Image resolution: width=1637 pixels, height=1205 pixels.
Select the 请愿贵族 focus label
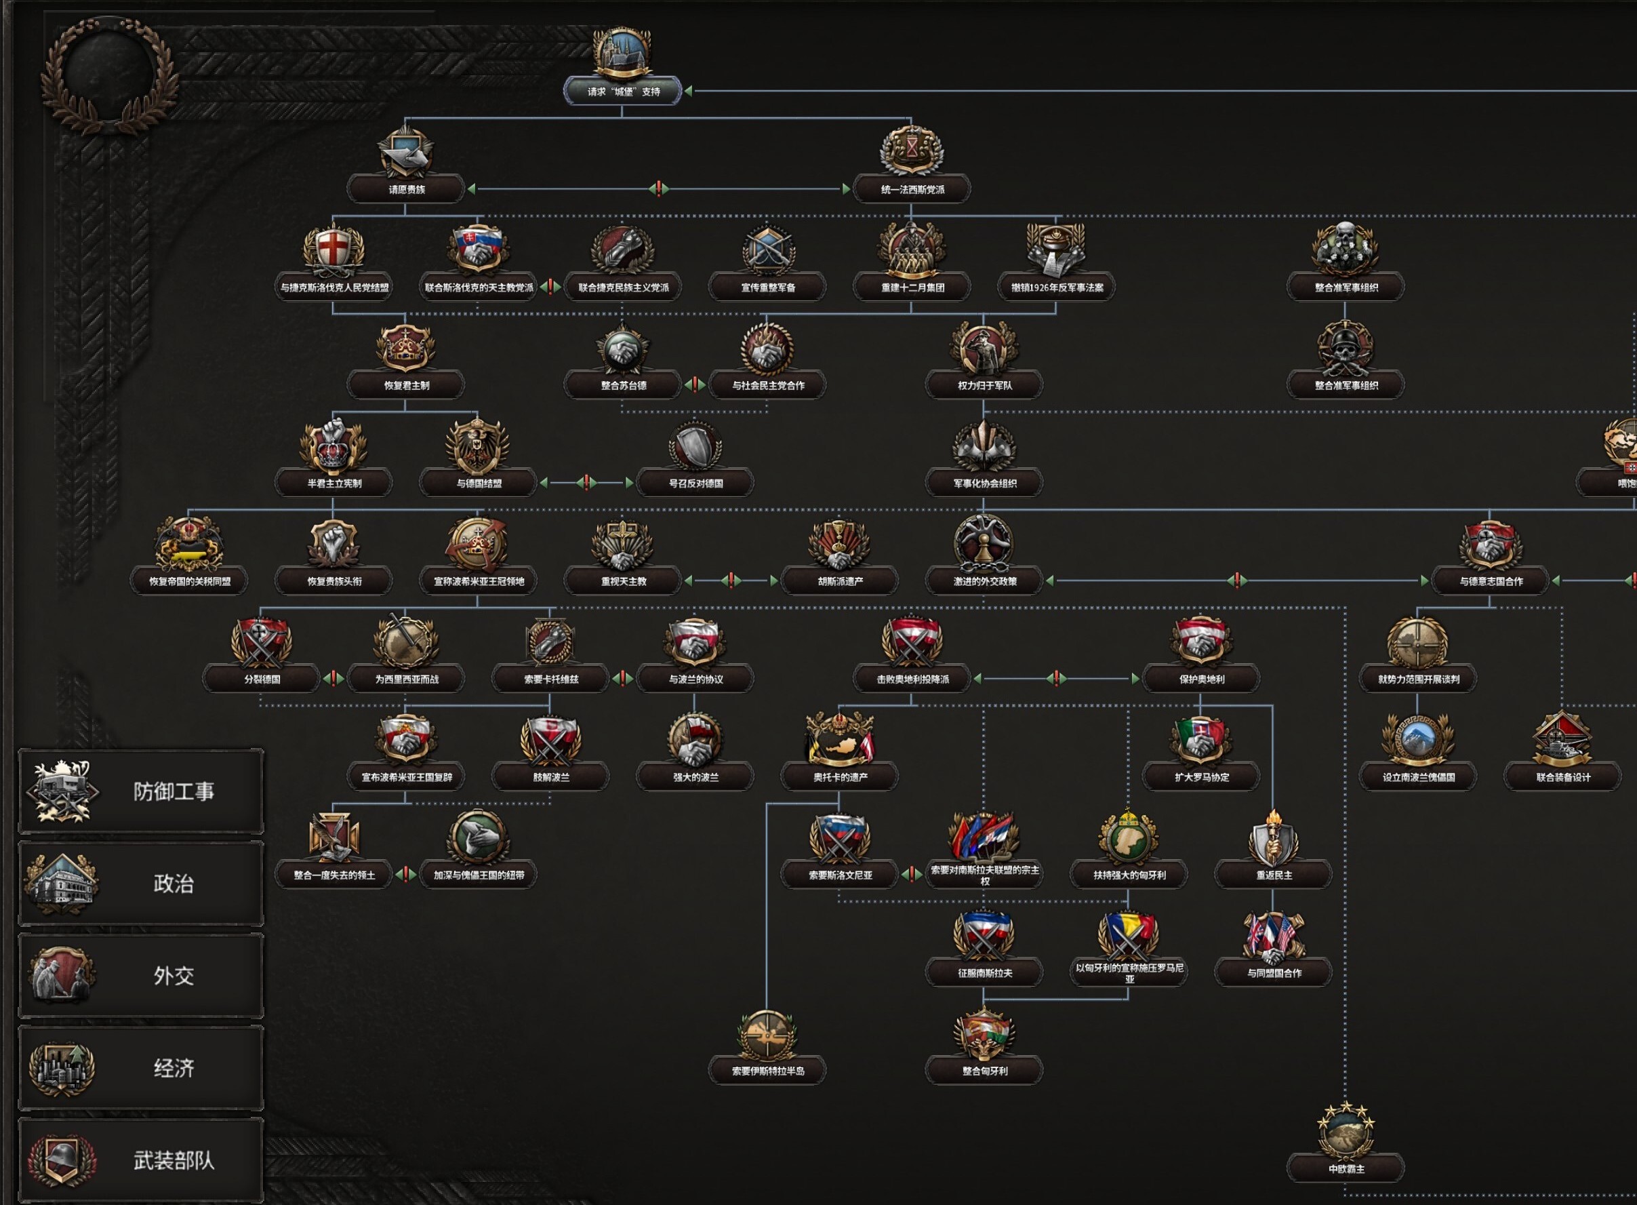tap(405, 190)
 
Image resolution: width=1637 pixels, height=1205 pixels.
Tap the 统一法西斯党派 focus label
tap(912, 190)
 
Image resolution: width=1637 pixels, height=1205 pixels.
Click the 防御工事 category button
tap(141, 791)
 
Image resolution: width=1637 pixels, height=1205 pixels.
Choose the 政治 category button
tap(141, 884)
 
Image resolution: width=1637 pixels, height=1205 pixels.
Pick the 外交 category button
tap(141, 976)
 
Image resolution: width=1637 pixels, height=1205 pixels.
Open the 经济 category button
tap(141, 1069)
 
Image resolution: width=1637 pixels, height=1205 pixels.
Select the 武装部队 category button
tap(141, 1160)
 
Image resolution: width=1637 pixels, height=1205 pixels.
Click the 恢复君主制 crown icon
tap(405, 347)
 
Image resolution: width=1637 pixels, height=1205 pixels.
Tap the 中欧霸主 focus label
tap(1346, 1169)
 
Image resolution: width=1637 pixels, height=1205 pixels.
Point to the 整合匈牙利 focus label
tap(984, 1071)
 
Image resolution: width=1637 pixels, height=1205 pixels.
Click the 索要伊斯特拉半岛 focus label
tap(767, 1071)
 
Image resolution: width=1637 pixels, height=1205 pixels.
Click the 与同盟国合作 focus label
tap(1273, 974)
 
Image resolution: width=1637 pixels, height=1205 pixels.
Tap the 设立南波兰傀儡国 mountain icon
tap(1417, 740)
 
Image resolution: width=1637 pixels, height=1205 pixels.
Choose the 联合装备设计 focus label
tap(1562, 778)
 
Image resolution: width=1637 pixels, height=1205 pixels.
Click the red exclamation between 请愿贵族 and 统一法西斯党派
tap(658, 189)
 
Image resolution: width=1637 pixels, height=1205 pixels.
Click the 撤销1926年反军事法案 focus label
tap(1056, 288)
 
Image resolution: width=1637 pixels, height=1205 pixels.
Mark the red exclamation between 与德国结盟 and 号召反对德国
tap(586, 483)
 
